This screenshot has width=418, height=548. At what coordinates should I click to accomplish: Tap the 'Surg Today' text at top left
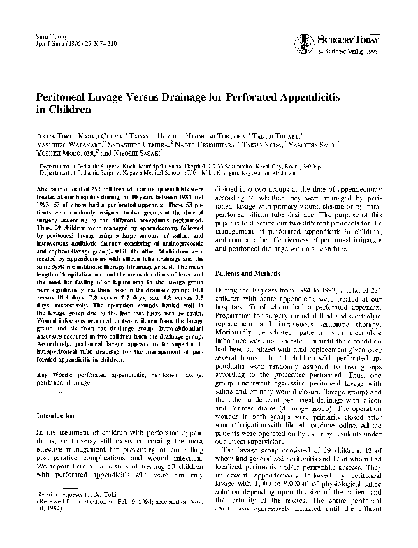point(45,35)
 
